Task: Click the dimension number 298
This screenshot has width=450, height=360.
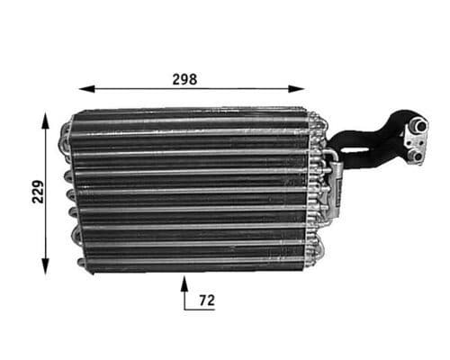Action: coord(184,78)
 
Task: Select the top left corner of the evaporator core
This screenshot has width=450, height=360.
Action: coord(74,114)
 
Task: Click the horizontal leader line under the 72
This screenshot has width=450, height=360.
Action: coord(198,309)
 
